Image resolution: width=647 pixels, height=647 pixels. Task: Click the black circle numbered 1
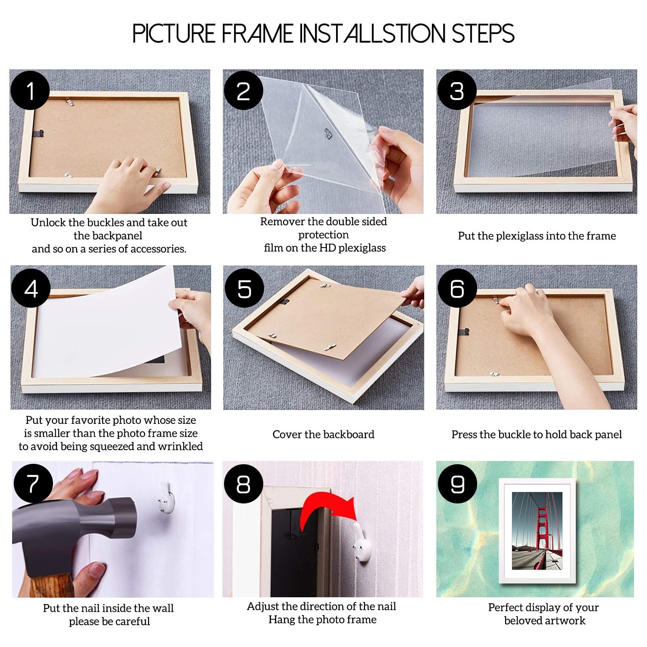click(x=30, y=90)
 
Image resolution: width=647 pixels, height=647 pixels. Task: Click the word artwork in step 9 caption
click(x=565, y=620)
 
